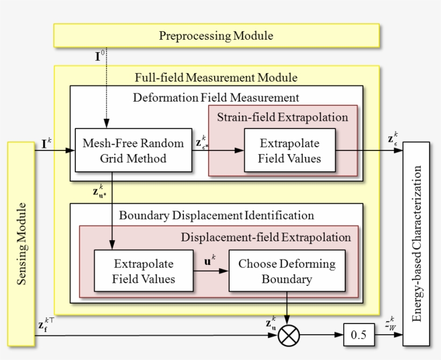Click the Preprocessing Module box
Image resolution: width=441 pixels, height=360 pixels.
(x=216, y=36)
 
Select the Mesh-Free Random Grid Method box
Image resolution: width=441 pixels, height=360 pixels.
(x=132, y=150)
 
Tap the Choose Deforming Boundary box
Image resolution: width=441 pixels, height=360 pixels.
(x=286, y=271)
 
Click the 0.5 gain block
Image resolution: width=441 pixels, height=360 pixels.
(x=358, y=335)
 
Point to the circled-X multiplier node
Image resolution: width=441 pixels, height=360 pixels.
(x=289, y=336)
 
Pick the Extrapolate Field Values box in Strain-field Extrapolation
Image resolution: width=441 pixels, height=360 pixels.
(x=289, y=150)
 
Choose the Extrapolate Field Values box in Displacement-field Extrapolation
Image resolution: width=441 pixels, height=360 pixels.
(x=144, y=271)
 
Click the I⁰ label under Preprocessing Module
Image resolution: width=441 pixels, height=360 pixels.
(x=100, y=55)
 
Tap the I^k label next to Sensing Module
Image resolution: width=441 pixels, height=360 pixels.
(x=46, y=143)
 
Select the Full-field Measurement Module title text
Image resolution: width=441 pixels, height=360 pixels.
(x=216, y=77)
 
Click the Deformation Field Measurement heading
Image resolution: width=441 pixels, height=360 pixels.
(x=216, y=97)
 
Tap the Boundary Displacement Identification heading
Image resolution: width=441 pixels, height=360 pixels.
(x=216, y=215)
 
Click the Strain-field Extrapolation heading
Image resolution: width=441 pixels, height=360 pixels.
(x=282, y=117)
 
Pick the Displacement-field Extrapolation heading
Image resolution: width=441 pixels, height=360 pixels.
(x=266, y=237)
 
